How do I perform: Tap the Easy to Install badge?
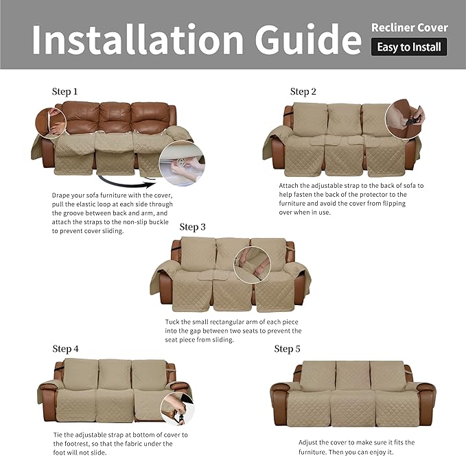[409, 47]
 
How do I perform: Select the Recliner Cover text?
[409, 28]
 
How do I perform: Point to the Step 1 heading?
[65, 91]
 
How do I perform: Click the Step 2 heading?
[303, 92]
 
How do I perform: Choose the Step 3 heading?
[193, 227]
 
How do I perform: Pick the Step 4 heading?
[65, 349]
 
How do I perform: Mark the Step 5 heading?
[288, 349]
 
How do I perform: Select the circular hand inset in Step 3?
[253, 264]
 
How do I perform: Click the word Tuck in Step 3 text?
[174, 322]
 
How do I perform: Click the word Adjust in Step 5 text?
[310, 442]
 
